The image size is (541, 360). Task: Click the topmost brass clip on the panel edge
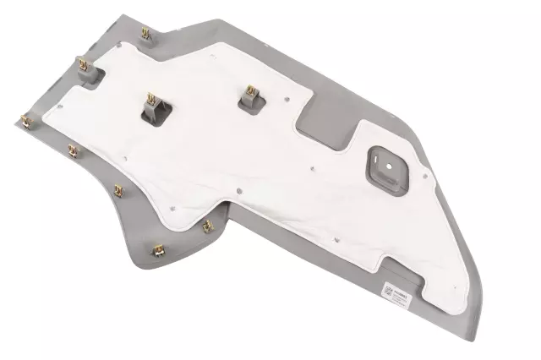click(145, 34)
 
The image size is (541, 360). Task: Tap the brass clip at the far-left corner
click(27, 120)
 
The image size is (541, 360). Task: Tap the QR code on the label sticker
click(386, 292)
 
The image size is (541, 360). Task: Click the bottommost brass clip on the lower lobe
click(156, 249)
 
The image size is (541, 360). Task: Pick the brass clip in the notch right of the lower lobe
click(207, 226)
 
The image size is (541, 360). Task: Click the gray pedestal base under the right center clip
click(252, 104)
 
